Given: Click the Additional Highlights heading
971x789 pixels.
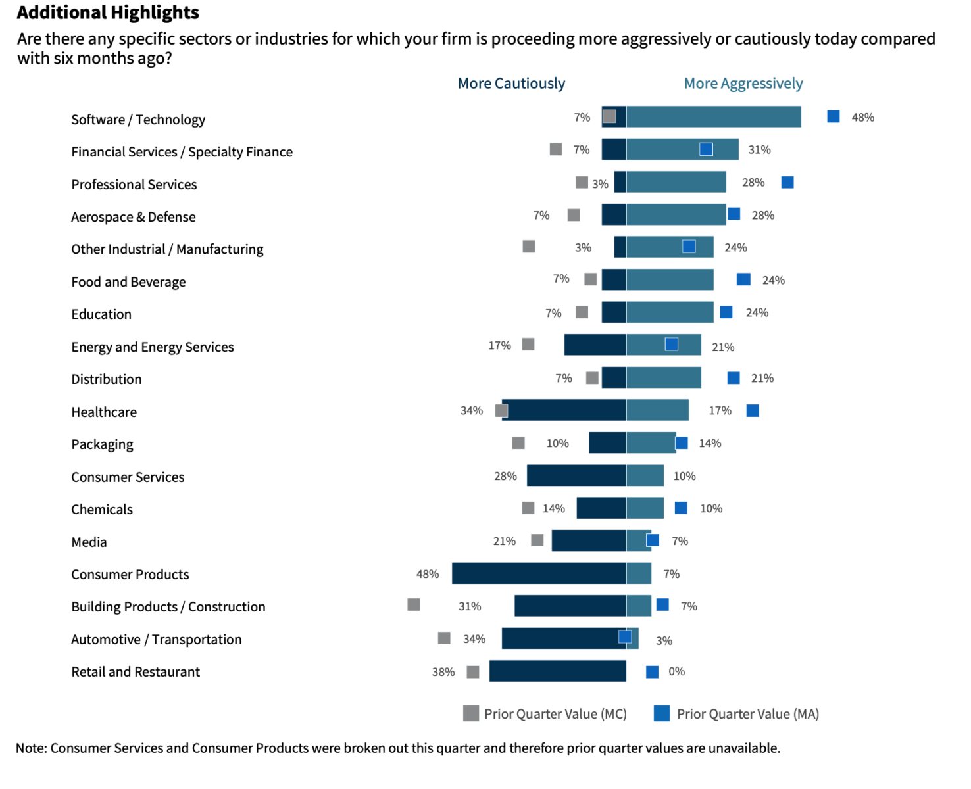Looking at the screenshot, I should click(x=108, y=12).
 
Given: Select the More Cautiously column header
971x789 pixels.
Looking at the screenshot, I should click(x=511, y=84).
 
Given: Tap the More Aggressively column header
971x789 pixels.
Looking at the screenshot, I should click(x=743, y=84).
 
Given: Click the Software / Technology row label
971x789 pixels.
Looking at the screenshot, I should click(x=138, y=120).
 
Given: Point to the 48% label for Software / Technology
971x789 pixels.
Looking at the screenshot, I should click(x=862, y=118).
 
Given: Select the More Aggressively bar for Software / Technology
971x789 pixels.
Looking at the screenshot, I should click(x=714, y=117).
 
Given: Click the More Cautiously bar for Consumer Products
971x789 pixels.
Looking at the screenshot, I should click(x=539, y=573).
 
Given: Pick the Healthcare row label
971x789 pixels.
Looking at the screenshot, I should click(x=104, y=412).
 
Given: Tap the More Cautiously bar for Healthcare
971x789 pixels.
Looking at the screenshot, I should click(x=564, y=410).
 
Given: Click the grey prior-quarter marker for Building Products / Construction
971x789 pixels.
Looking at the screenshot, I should click(x=414, y=604).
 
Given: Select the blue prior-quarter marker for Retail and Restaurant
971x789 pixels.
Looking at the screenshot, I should click(x=652, y=671).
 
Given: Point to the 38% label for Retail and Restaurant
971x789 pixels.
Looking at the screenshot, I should click(x=443, y=672).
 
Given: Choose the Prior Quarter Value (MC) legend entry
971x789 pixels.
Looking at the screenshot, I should click(x=544, y=714).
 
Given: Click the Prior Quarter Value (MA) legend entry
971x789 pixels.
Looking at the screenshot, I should click(x=736, y=714).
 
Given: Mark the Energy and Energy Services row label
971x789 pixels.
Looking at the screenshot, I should click(x=153, y=347).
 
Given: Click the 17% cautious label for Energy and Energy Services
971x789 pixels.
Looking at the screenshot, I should click(x=499, y=346).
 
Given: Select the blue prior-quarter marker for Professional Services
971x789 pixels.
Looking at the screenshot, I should click(x=787, y=182).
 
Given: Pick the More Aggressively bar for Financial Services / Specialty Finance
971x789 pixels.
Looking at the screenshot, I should click(x=682, y=149).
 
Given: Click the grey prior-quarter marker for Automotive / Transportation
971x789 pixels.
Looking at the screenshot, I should click(x=444, y=638).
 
